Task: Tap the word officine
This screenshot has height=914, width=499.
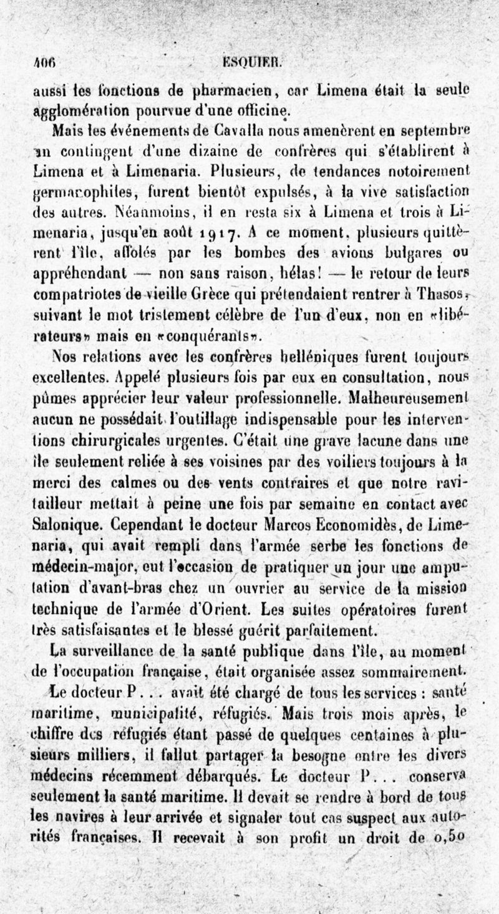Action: point(250,113)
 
